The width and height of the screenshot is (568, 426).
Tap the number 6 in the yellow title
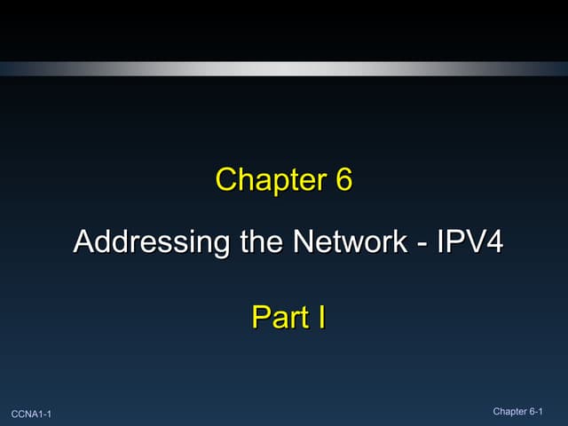[343, 180]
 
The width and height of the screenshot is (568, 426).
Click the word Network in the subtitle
[335, 241]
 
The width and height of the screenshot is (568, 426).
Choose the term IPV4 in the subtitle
[466, 241]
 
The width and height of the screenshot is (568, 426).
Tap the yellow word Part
[278, 317]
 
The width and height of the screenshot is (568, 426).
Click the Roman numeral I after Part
[320, 317]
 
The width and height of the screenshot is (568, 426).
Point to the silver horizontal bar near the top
[284, 67]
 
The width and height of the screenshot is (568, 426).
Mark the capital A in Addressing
[83, 241]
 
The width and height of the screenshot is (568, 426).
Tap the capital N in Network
[290, 241]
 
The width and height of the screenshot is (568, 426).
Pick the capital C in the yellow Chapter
[227, 180]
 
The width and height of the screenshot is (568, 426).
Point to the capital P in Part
[261, 317]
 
